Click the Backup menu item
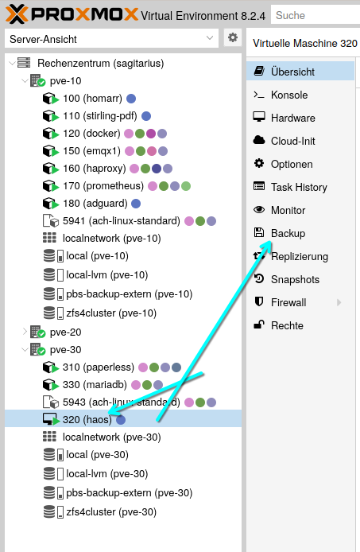tap(288, 233)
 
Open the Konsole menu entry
tap(289, 95)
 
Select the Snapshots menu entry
tap(295, 279)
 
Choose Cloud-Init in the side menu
tap(292, 141)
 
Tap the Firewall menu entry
tap(288, 302)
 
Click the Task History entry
tap(299, 187)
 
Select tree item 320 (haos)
tap(87, 419)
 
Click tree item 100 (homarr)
tap(92, 98)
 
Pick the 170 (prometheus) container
tap(103, 185)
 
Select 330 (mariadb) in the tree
tap(95, 384)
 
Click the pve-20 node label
tap(65, 332)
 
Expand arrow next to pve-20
tap(25, 332)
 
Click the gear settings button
tap(233, 37)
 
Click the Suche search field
tap(315, 15)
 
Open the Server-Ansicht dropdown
tap(111, 38)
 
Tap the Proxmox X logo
tap(17, 14)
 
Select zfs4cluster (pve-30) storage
tap(111, 511)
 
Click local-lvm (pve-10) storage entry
tap(107, 274)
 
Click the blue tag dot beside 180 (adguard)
tap(136, 204)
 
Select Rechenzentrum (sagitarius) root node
tap(101, 63)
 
